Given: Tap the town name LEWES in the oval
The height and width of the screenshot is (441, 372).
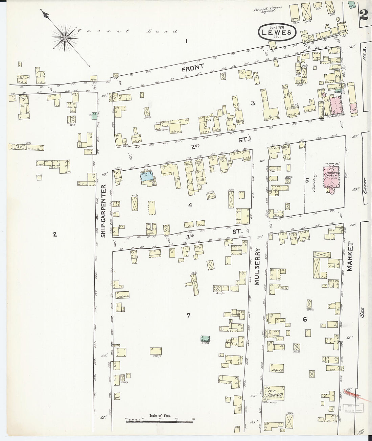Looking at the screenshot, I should (x=278, y=32).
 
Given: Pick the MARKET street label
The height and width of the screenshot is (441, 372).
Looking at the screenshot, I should (x=350, y=257).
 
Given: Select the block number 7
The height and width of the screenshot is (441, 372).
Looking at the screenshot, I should (x=188, y=316).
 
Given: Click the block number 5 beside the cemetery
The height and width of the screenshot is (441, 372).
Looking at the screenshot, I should (x=307, y=180).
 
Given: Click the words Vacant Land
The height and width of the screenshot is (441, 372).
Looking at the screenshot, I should (x=127, y=31).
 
